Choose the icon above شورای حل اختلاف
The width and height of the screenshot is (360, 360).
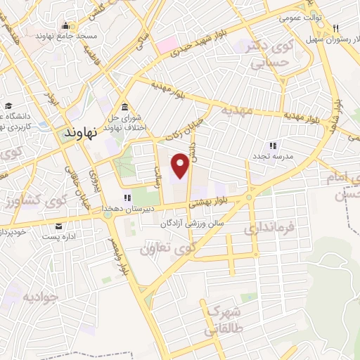pos(124,107)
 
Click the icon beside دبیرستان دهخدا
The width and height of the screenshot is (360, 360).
pos(127,198)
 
